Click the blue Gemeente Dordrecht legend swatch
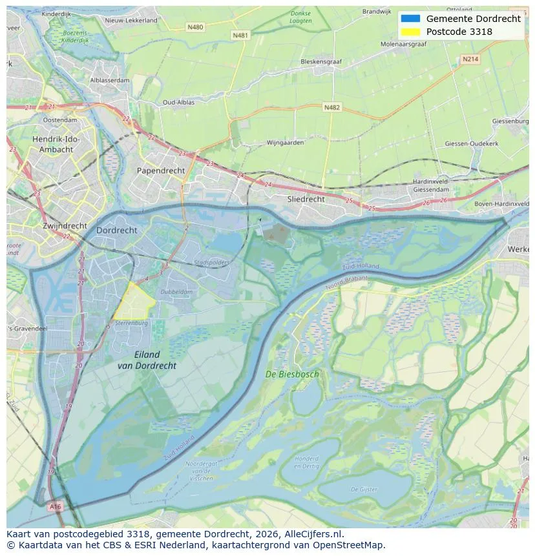tap(410, 19)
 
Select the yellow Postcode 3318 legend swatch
tap(410, 32)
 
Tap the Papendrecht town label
tap(161, 170)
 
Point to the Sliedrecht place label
tap(306, 200)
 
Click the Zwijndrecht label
tap(65, 226)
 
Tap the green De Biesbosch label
tap(292, 374)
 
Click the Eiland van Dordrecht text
tap(147, 360)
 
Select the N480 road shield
tap(194, 27)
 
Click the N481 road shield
tap(240, 35)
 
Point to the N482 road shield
tap(331, 107)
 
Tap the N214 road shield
tap(470, 59)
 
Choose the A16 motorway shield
tap(56, 507)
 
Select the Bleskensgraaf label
tap(322, 63)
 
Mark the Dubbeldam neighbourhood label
tap(176, 291)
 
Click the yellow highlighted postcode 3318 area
tap(134, 300)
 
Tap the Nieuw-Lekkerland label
tap(131, 21)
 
